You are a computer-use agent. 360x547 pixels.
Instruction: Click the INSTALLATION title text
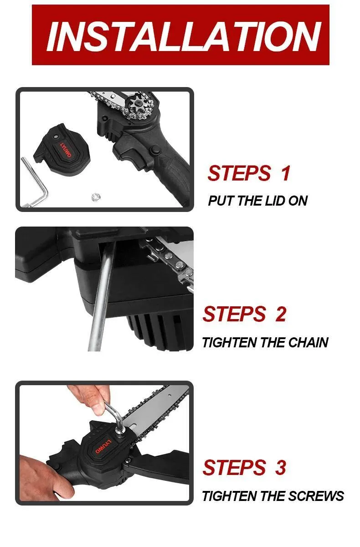[x=184, y=36]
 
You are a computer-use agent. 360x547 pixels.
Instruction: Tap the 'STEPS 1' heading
[x=249, y=173]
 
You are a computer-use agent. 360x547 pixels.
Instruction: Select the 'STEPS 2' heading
[x=244, y=314]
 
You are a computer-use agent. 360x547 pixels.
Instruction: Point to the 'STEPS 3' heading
[x=244, y=467]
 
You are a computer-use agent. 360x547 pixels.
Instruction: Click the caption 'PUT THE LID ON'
[x=257, y=201]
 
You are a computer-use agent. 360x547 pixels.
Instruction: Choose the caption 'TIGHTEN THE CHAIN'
[x=265, y=342]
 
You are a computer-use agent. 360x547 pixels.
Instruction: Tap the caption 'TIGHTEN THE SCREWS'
[x=273, y=496]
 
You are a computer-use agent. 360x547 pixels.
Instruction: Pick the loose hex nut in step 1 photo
[x=96, y=197]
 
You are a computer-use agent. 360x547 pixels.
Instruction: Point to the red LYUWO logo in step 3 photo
[x=103, y=447]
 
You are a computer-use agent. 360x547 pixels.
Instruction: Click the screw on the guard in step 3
[x=129, y=460]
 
